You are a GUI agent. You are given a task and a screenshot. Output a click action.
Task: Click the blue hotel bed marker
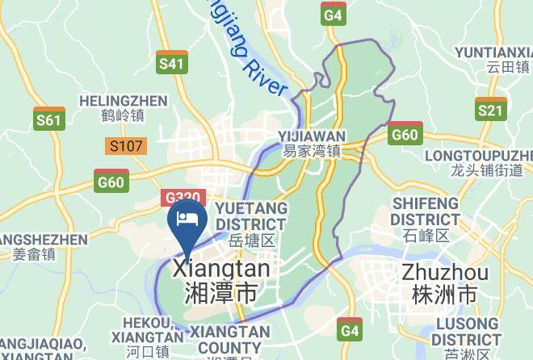[187, 220]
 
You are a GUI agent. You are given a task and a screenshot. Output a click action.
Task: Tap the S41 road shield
[172, 63]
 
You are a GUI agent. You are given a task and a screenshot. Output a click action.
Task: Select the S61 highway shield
[49, 119]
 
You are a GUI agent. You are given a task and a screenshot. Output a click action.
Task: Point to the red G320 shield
[183, 198]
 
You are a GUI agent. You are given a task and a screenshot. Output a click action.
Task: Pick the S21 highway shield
[490, 110]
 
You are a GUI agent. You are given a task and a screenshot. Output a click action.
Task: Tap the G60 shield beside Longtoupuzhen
[404, 133]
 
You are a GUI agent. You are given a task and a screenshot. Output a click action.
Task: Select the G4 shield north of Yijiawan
[333, 14]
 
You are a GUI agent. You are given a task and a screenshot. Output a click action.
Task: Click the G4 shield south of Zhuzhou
[349, 331]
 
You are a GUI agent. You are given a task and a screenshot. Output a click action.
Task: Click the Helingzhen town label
[123, 108]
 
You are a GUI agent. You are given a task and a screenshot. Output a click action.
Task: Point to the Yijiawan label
[312, 143]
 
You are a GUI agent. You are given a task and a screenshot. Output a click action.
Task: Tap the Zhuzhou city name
[444, 281]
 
